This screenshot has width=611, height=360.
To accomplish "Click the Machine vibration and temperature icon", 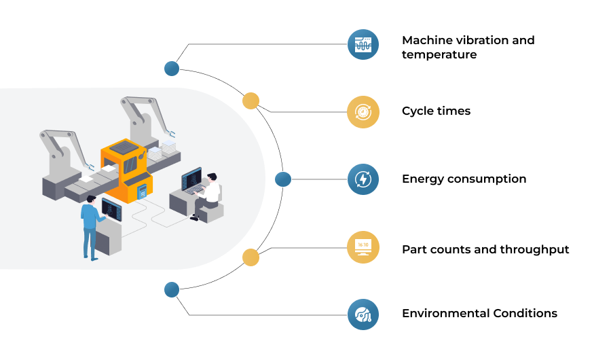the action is tap(363, 44).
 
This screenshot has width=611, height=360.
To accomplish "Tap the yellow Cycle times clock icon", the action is tap(363, 112).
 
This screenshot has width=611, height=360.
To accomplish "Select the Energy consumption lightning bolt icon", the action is tap(363, 179).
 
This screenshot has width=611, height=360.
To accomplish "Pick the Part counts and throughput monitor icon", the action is tap(363, 247).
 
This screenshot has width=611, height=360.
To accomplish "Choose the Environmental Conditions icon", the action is tap(363, 314).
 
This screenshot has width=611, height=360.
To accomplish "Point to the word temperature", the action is tap(439, 54).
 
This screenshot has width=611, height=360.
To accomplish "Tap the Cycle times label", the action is tap(436, 111).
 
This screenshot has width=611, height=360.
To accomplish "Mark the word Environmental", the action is tap(445, 313).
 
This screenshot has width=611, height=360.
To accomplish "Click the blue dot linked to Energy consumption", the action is tap(283, 179).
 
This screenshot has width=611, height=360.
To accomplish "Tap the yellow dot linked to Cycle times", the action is tap(251, 101).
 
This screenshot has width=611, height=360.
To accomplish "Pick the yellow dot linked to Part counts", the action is tap(251, 257).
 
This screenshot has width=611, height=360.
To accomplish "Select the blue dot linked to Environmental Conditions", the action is tap(172, 290).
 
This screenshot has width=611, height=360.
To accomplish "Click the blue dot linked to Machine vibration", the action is tap(172, 69).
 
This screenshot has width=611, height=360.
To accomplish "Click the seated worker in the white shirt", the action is tap(206, 197).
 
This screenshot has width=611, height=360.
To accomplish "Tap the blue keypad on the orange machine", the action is tap(142, 191).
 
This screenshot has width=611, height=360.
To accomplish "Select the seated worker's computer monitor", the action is tap(191, 177).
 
